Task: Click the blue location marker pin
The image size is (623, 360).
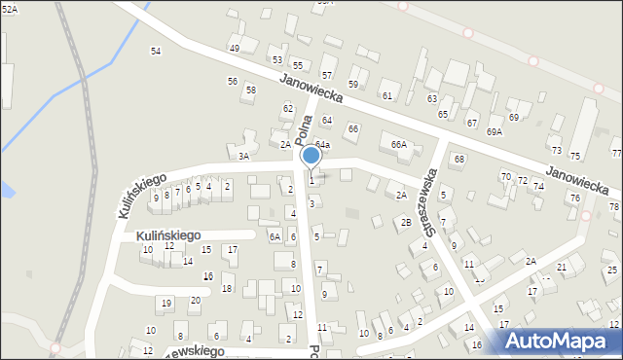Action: [x=311, y=156]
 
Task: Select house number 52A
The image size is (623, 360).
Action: [x=9, y=8]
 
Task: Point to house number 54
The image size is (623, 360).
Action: [x=155, y=51]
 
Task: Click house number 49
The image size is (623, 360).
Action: [x=234, y=49]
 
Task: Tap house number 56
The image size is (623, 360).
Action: [x=232, y=81]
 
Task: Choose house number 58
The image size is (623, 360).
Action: [x=250, y=90]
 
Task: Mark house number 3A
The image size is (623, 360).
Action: [x=244, y=156]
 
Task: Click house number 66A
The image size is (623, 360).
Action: [x=398, y=144]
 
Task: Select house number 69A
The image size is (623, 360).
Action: [x=495, y=131]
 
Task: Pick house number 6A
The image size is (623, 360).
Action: [x=275, y=236]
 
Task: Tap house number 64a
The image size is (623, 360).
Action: [x=322, y=145]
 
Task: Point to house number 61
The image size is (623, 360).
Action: [x=386, y=95]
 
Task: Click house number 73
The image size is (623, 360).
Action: [x=556, y=150]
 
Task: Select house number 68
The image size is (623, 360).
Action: [x=458, y=159]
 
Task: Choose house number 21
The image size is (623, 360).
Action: [x=562, y=267]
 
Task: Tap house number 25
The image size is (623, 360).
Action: [x=610, y=270]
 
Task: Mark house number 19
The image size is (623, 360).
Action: [x=165, y=304]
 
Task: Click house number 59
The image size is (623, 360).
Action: [x=353, y=85]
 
